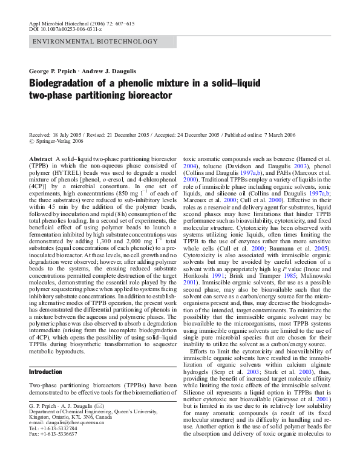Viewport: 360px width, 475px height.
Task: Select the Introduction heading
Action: coord(46,372)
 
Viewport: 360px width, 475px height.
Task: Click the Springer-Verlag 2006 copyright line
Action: coord(60,142)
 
